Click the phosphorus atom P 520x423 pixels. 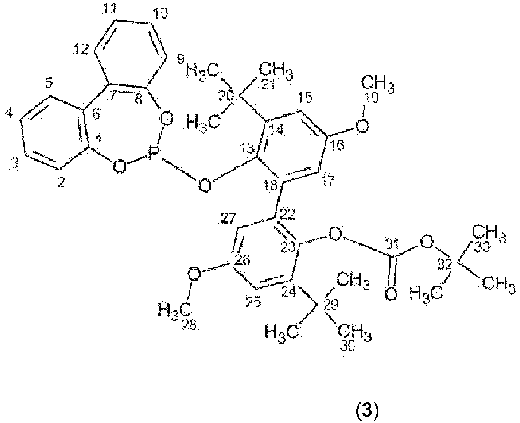coord(154,154)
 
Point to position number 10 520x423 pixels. coord(161,13)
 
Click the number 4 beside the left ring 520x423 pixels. coord(9,113)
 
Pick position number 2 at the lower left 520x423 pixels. coord(61,183)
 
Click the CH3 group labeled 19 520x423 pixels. coord(377,85)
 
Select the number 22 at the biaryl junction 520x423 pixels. coord(288,214)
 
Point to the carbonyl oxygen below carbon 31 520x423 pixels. coord(391,294)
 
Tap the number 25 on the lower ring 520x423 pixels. coord(253,302)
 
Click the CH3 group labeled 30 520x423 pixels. coord(355,333)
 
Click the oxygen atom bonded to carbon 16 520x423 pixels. coord(362,126)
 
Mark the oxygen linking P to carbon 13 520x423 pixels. coord(205,186)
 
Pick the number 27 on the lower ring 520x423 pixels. coord(228,218)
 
